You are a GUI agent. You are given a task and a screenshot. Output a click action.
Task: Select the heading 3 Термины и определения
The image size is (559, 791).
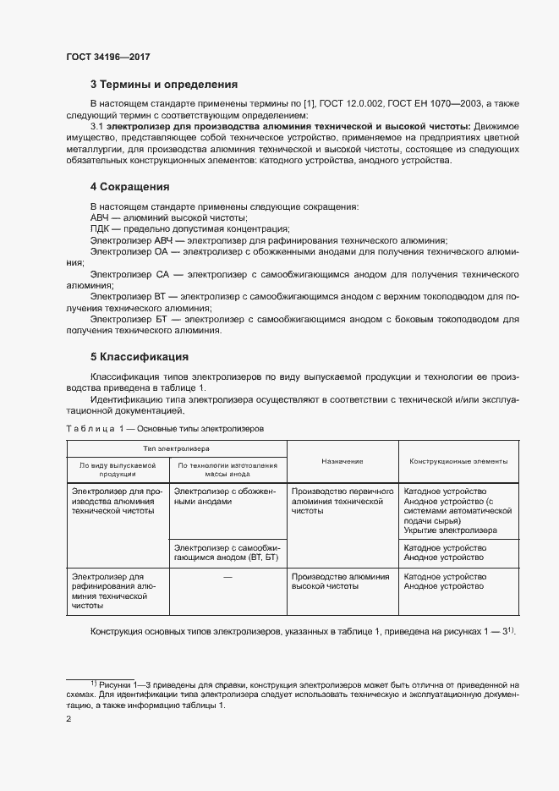coord(163,85)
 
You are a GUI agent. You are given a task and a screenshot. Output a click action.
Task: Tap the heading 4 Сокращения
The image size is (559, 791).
coord(130,186)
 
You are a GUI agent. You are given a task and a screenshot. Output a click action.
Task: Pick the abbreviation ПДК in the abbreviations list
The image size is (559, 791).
coord(101,228)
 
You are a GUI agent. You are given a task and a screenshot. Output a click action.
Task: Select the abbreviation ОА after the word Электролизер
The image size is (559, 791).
coord(163,252)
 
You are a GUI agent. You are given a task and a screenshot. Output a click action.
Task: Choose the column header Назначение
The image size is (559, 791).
coord(342,461)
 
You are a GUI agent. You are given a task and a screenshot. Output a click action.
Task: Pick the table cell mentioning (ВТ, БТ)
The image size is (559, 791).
coord(227,553)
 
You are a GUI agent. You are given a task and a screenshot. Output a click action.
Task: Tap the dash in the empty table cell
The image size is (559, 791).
coord(227,577)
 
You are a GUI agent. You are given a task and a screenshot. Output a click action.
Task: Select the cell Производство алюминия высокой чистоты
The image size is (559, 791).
coord(340,581)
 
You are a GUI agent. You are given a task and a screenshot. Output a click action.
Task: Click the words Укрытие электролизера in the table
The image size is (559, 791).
coord(450,530)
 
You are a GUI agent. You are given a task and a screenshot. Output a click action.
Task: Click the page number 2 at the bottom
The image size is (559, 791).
coord(69,719)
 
